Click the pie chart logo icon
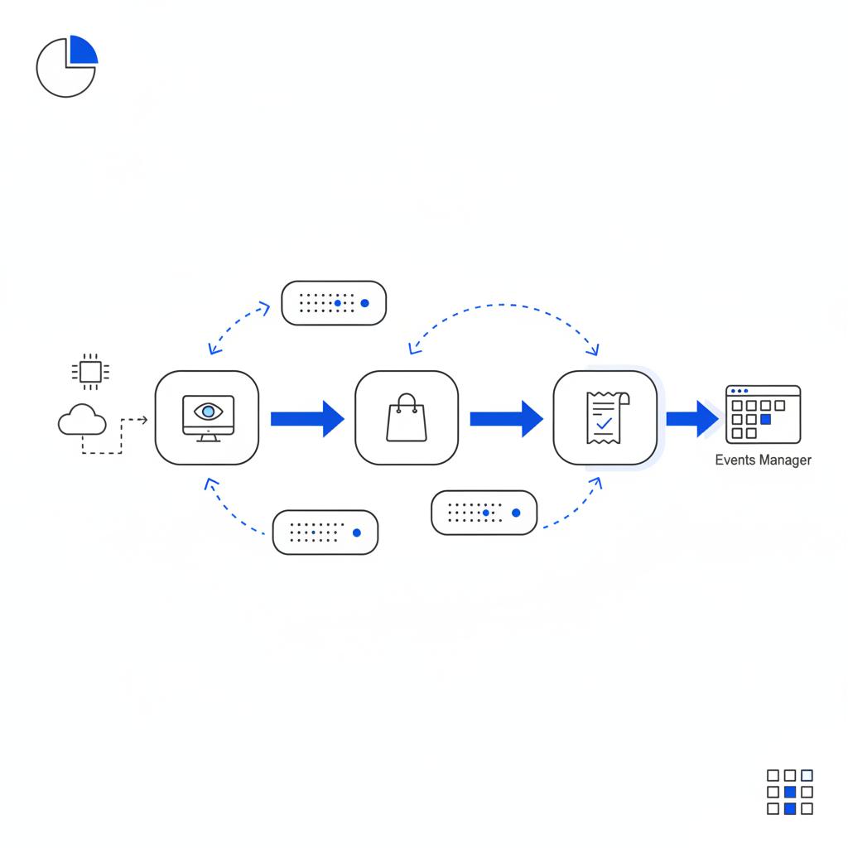(66, 67)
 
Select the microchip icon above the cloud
(89, 372)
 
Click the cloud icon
(82, 420)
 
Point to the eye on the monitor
(207, 411)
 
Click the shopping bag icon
(407, 417)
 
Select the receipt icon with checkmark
(605, 417)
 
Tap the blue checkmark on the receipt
(605, 423)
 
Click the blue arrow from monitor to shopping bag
(306, 418)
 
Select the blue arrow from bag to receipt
(505, 418)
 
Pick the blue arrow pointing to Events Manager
(692, 418)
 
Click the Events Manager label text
(763, 460)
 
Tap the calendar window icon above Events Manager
(763, 413)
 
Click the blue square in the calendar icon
(765, 420)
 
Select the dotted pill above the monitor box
(334, 303)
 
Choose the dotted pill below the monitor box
(325, 532)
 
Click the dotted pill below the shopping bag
(484, 512)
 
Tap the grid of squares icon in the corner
(789, 792)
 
